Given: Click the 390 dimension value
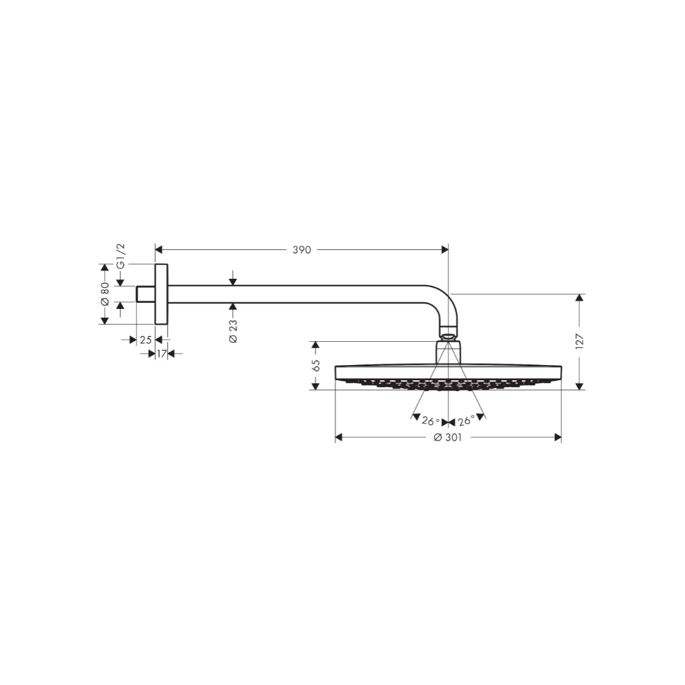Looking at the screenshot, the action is coord(302,251).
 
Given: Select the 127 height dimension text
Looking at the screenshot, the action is coord(580,340).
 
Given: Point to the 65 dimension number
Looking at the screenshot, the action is coord(316,365).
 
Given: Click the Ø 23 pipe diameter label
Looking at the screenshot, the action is coord(234,332).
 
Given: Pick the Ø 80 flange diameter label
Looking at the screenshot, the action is coord(105,293).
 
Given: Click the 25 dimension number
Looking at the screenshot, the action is coord(145,340).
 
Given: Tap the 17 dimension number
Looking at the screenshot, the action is coord(160,353).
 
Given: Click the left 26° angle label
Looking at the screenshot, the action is coord(430,421).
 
